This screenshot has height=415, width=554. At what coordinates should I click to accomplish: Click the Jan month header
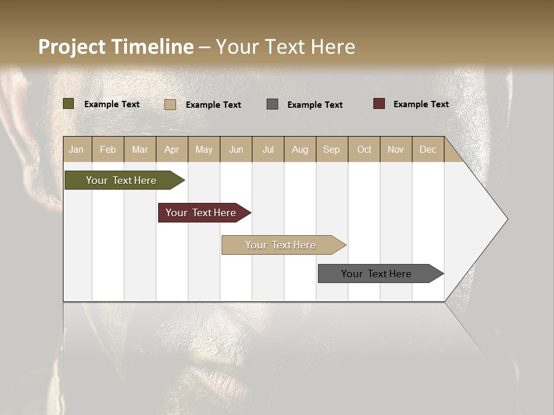(x=77, y=149)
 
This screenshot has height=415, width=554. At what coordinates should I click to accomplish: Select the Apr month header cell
(x=171, y=149)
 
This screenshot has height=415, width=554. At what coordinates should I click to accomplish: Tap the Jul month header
(x=268, y=149)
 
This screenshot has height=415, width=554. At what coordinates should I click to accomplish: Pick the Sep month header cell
(x=332, y=149)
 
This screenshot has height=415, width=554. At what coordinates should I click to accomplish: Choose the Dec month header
(x=428, y=149)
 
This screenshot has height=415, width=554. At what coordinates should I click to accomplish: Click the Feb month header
(x=108, y=149)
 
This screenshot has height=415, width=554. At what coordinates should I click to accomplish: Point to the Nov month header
(x=396, y=149)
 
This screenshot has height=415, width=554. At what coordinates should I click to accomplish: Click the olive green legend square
(x=69, y=104)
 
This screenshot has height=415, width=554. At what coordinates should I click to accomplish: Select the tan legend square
(x=170, y=104)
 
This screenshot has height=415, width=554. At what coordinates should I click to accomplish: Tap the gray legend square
(x=272, y=104)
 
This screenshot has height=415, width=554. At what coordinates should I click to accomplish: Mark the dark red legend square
(x=379, y=104)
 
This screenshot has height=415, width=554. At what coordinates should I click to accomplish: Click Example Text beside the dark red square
(x=421, y=104)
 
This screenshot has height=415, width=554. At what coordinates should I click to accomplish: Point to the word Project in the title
(x=72, y=47)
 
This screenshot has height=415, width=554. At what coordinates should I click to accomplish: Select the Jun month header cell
(x=236, y=149)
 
